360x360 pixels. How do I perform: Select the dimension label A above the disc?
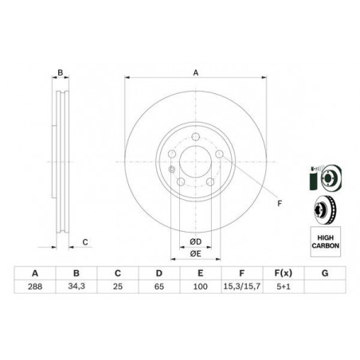(195, 72)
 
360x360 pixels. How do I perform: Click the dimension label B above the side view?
(59, 72)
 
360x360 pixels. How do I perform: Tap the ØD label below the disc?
(194, 242)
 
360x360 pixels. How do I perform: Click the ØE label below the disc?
(194, 253)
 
